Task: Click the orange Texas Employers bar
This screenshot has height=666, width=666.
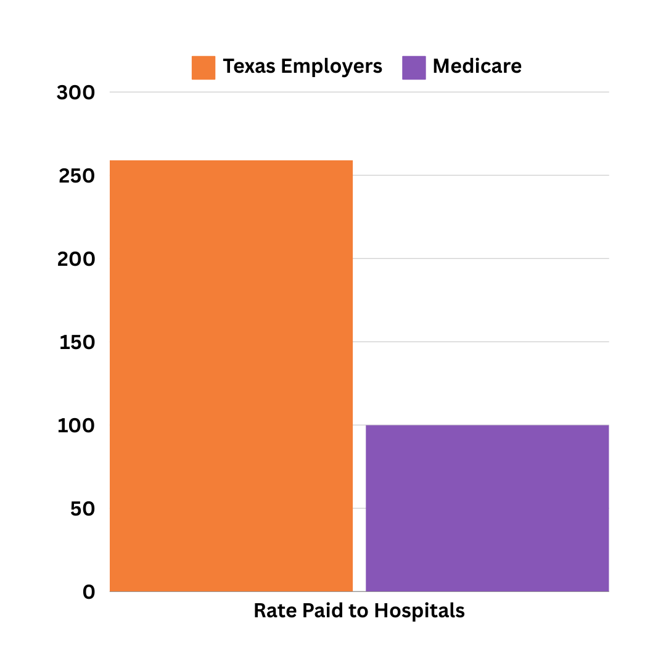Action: pyautogui.click(x=231, y=376)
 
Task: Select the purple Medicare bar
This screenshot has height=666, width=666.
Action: pyautogui.click(x=487, y=508)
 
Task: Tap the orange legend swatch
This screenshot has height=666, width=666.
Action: pyautogui.click(x=203, y=68)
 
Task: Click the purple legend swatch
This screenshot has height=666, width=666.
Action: pyautogui.click(x=414, y=68)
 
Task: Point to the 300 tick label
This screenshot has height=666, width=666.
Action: pyautogui.click(x=76, y=93)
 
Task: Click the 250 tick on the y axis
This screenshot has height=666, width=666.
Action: pyautogui.click(x=76, y=176)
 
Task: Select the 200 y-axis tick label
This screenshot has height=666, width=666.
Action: pyautogui.click(x=76, y=260)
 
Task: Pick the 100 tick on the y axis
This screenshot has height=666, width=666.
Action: pyautogui.click(x=76, y=426)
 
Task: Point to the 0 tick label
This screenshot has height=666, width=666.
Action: pyautogui.click(x=89, y=593)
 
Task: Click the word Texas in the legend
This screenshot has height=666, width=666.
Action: pyautogui.click(x=249, y=67)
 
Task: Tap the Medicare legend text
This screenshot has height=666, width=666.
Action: pyautogui.click(x=477, y=67)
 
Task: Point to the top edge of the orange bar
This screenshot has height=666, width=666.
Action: pyautogui.click(x=231, y=161)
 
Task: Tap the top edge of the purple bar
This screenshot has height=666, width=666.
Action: pyautogui.click(x=487, y=425)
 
